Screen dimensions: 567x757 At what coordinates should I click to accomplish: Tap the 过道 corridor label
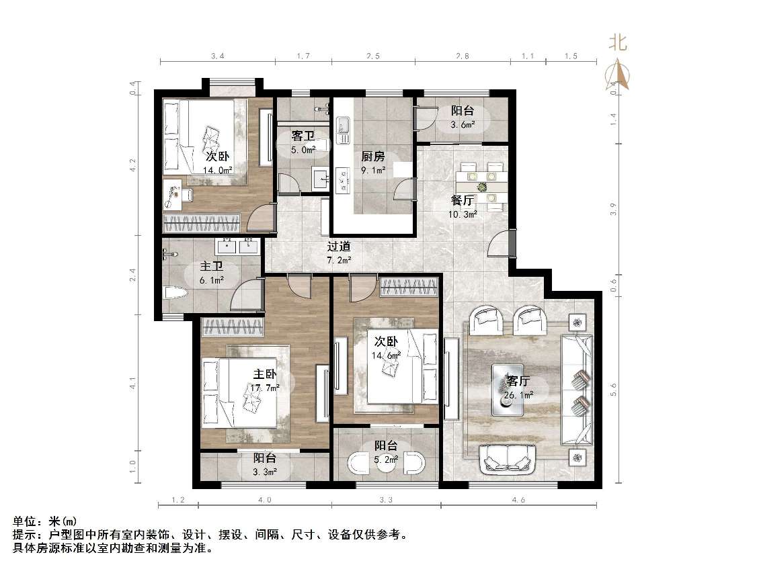click(x=340, y=247)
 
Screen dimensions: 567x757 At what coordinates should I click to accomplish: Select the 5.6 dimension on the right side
click(x=612, y=390)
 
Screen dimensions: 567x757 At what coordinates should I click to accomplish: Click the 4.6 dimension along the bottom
click(x=518, y=500)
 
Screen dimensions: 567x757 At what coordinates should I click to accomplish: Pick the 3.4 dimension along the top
click(x=217, y=56)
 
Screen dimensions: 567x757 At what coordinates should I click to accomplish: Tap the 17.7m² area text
click(x=245, y=388)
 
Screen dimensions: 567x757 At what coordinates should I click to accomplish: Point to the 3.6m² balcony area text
click(x=463, y=124)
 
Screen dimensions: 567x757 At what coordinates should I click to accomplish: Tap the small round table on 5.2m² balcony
click(x=386, y=466)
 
